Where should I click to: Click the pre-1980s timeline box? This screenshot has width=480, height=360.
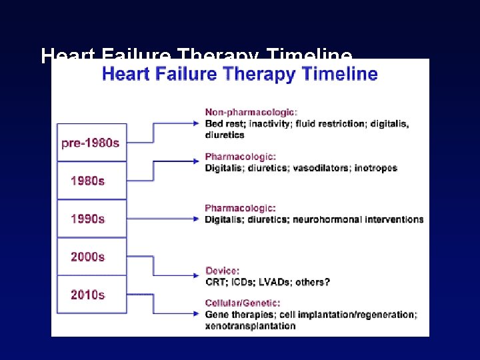coord(91,143)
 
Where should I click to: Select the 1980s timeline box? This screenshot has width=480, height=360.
coord(91,181)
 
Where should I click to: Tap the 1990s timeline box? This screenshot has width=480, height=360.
coord(91,219)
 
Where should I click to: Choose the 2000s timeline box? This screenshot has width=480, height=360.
coord(91,257)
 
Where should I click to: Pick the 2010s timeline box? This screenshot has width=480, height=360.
coord(91,295)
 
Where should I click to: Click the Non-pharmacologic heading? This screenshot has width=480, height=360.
coord(251,112)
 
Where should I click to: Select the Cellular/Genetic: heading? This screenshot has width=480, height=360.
coord(243,303)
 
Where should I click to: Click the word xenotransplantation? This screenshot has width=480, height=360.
coord(250,326)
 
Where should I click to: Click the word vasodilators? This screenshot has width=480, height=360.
coord(317,168)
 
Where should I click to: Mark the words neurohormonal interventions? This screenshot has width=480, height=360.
coord(359,219)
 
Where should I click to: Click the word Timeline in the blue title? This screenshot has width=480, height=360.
coord(341,74)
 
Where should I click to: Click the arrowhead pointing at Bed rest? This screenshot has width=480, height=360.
coord(196,123)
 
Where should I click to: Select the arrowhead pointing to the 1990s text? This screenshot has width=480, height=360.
coord(196,219)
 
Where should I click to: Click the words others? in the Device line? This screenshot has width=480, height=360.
coord(313,282)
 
